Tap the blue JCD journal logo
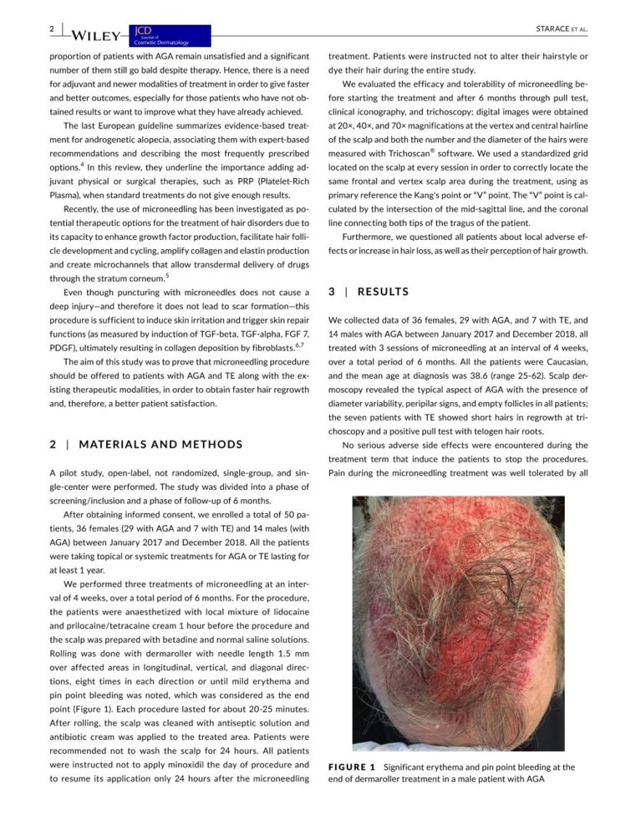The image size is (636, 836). [x=168, y=35]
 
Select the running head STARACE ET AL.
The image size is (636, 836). [x=562, y=28]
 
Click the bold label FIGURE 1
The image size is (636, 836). [x=355, y=766]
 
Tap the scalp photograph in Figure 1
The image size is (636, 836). [x=458, y=623]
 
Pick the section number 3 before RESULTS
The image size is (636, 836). [x=332, y=292]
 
